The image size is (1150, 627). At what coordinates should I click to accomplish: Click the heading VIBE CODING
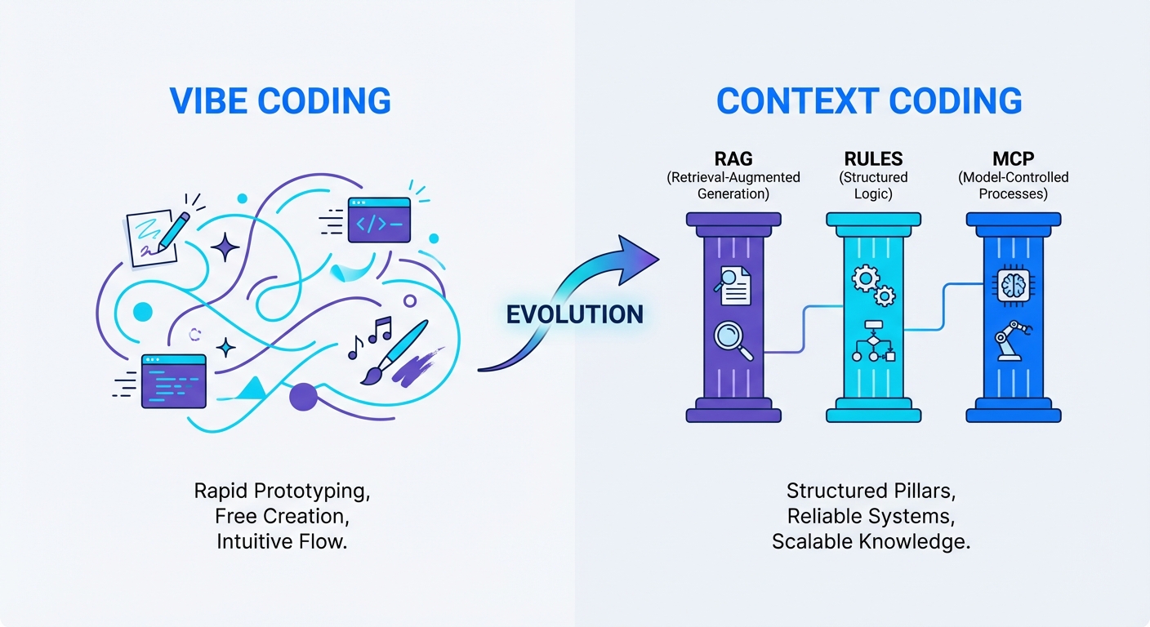280,100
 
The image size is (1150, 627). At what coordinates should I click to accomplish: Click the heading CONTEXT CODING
869,100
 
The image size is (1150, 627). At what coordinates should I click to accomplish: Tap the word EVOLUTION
575,313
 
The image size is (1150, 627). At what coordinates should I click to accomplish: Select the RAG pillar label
733,159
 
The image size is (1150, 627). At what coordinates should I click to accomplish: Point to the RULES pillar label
872,159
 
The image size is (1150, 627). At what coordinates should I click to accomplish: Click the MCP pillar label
1014,159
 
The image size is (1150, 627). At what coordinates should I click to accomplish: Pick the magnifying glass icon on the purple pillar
733,340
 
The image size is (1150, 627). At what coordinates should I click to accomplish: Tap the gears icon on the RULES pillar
872,283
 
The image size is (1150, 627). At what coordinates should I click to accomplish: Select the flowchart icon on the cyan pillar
872,343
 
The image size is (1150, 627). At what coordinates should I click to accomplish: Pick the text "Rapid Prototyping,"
282,491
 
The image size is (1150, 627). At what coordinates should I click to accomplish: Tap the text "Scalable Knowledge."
871,541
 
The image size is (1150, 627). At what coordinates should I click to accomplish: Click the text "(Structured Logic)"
872,185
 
